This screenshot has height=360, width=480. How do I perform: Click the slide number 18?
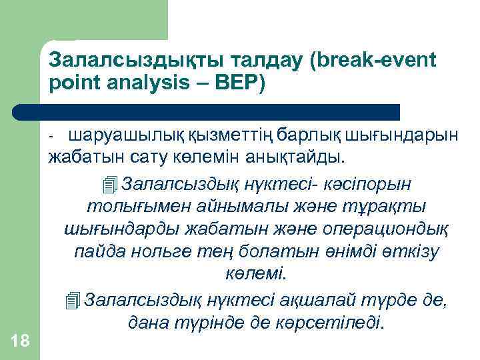click(x=20, y=341)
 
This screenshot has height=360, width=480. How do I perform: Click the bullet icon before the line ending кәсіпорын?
click(x=111, y=182)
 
